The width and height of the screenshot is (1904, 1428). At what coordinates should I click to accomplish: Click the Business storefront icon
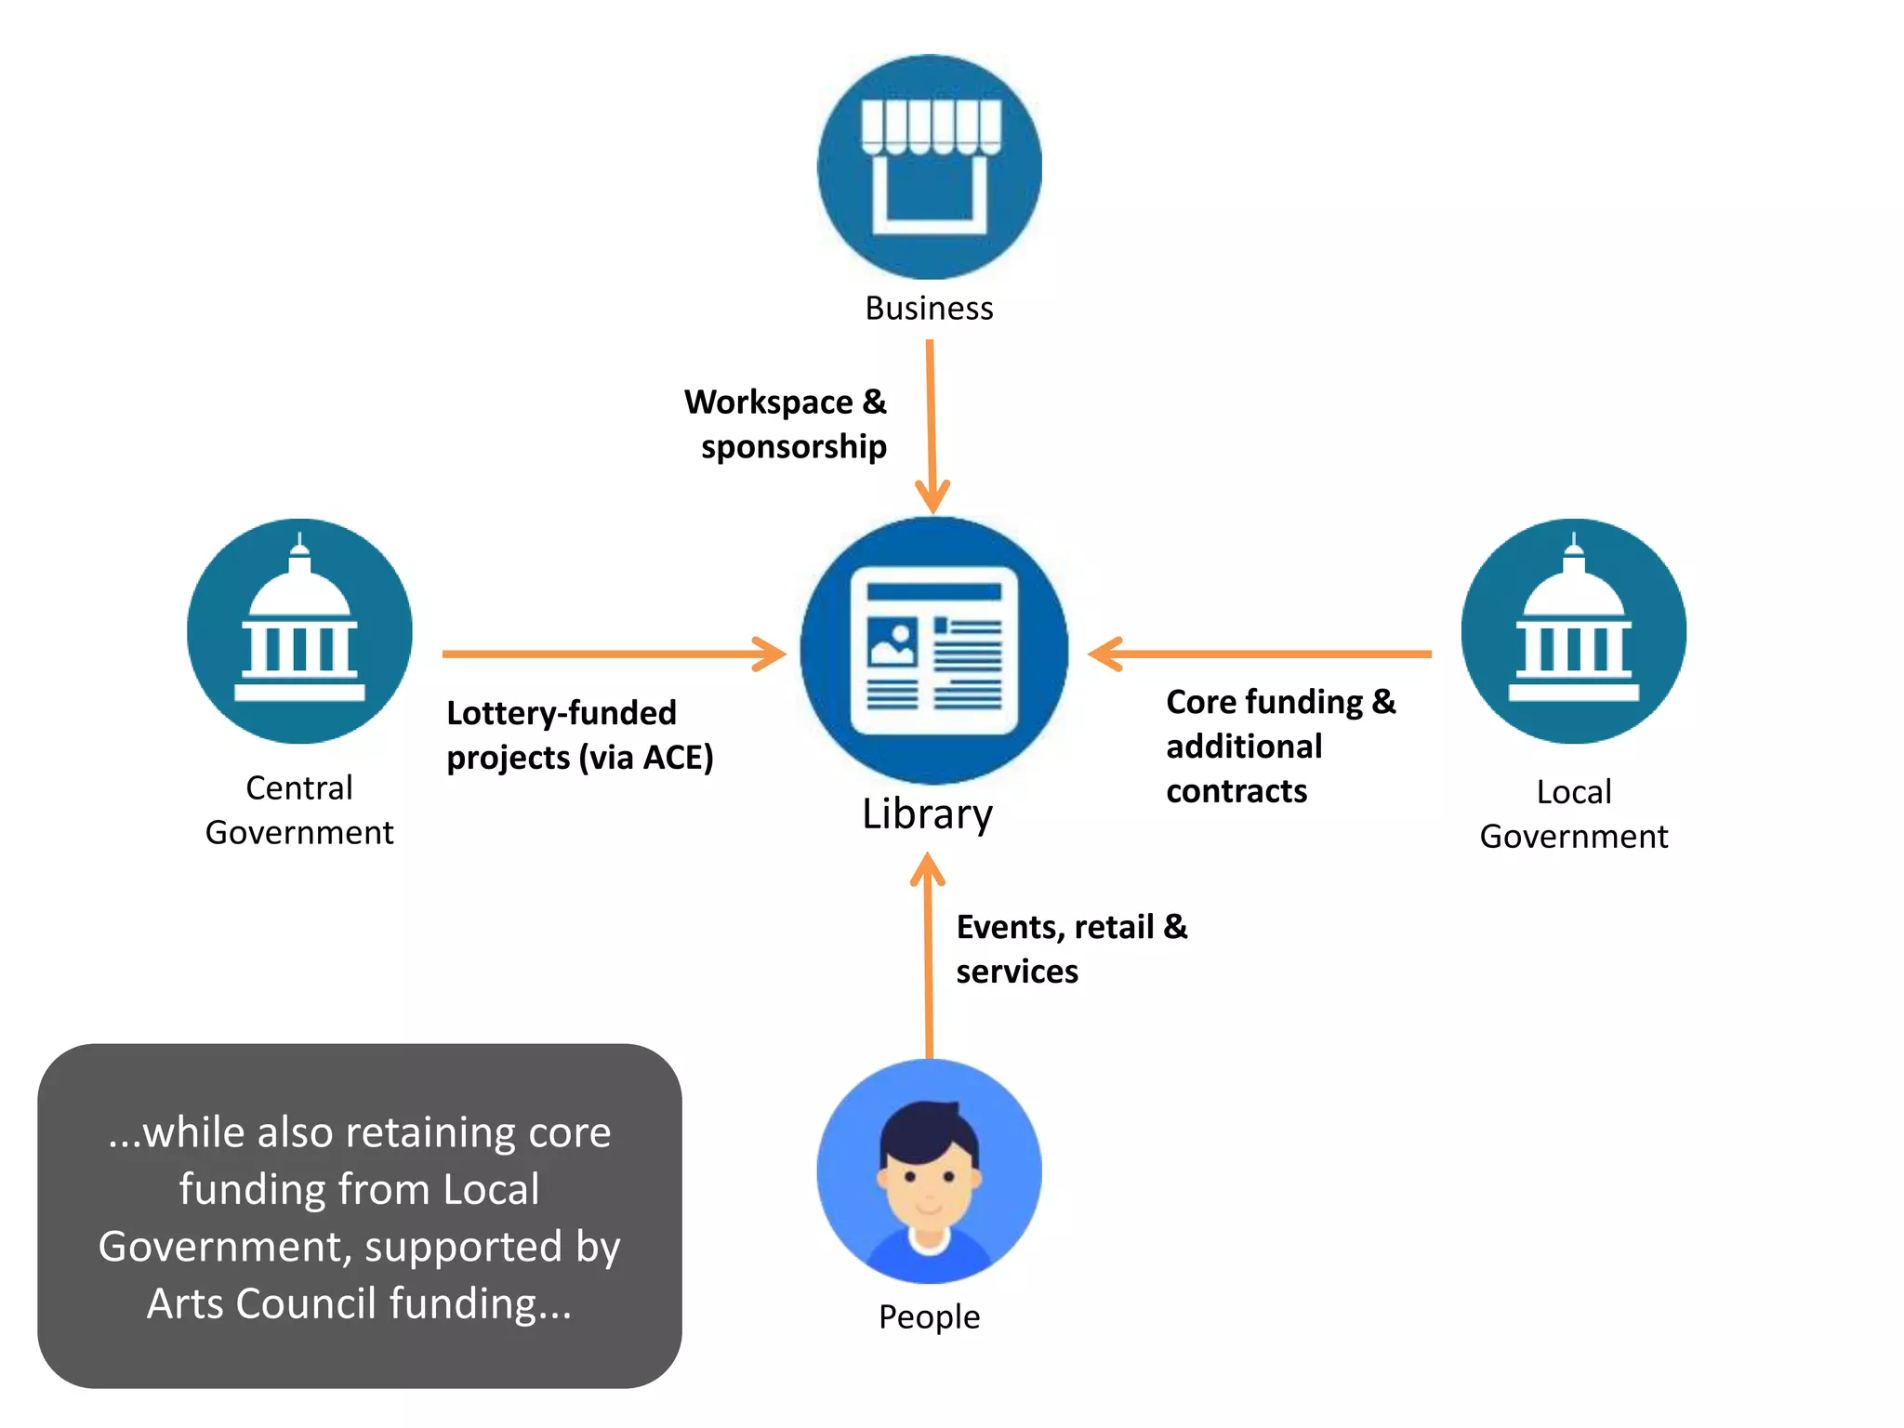tap(929, 167)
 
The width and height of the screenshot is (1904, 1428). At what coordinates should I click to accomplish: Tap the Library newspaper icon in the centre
tap(933, 650)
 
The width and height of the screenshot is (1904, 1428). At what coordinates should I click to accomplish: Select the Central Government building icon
tap(299, 631)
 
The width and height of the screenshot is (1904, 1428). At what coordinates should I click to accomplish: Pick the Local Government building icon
tap(1573, 631)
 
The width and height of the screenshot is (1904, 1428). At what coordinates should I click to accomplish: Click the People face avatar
tap(929, 1170)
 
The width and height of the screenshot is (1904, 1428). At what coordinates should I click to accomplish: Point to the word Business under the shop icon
tap(929, 309)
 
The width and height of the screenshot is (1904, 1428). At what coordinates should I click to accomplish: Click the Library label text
tap(927, 814)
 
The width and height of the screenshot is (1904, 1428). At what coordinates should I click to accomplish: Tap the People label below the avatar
tap(929, 1317)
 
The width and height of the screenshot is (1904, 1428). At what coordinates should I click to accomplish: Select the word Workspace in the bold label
tap(768, 403)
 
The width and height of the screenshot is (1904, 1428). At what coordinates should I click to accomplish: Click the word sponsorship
tap(793, 447)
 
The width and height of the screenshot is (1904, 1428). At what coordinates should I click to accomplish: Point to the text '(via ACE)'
tap(646, 758)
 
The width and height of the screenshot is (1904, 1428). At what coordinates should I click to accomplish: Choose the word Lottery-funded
tap(562, 713)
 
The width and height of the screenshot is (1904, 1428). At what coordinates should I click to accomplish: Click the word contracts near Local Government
tap(1236, 791)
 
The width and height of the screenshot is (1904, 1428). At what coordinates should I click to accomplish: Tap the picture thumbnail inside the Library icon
tap(892, 642)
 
